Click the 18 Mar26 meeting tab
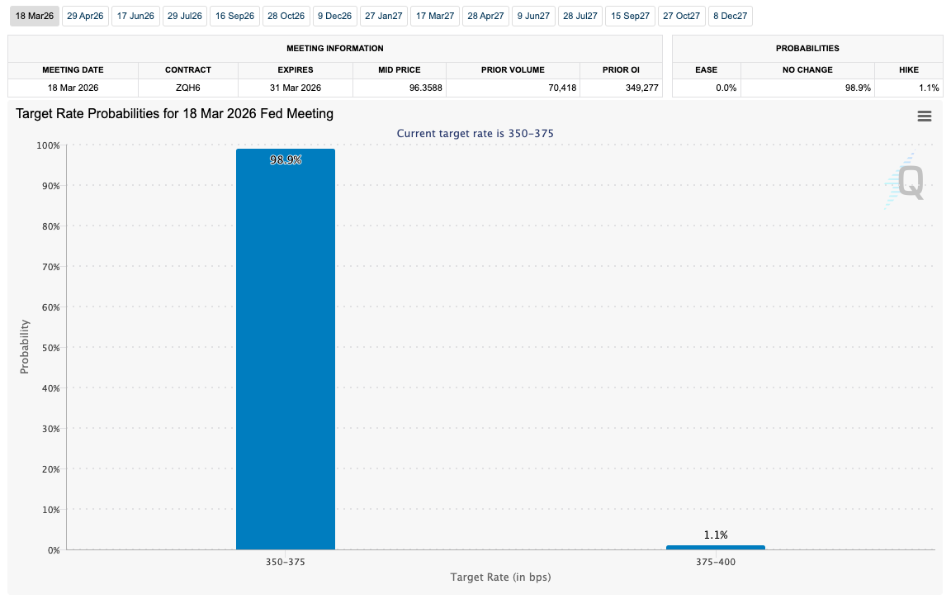pyautogui.click(x=34, y=16)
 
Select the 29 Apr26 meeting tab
pyautogui.click(x=84, y=16)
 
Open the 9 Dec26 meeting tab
pyautogui.click(x=334, y=16)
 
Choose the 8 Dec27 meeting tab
pyautogui.click(x=730, y=16)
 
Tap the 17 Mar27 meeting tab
pyautogui.click(x=434, y=16)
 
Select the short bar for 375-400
pyautogui.click(x=715, y=547)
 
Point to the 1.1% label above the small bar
pyautogui.click(x=715, y=535)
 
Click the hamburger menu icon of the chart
pyautogui.click(x=925, y=116)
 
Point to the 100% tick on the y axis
pyautogui.click(x=48, y=145)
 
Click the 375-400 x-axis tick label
pyautogui.click(x=715, y=562)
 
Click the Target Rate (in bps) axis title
pyautogui.click(x=500, y=577)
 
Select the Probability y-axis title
pyautogui.click(x=24, y=348)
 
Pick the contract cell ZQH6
pyautogui.click(x=188, y=88)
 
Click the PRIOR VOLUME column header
pyautogui.click(x=513, y=70)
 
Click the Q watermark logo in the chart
pyautogui.click(x=908, y=182)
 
